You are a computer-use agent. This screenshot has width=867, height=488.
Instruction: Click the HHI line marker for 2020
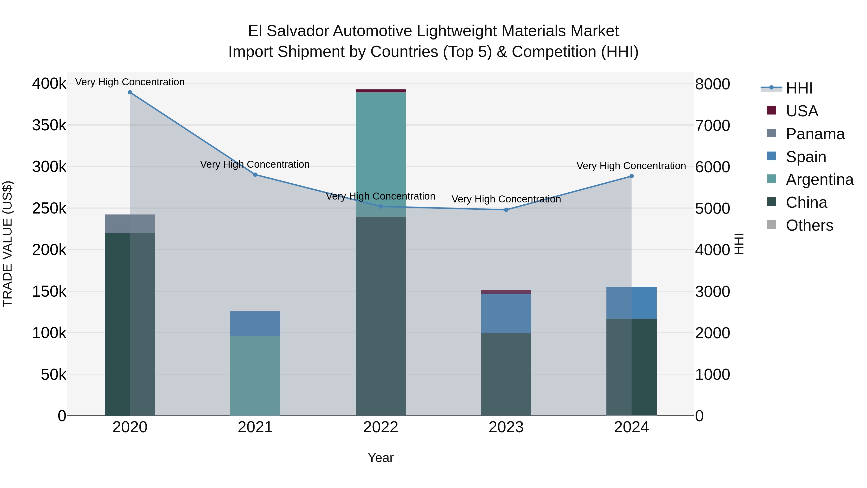(x=130, y=92)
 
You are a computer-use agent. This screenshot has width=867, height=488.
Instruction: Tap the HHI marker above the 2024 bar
(x=631, y=176)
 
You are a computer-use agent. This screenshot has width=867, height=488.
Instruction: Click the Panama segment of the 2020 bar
(x=130, y=224)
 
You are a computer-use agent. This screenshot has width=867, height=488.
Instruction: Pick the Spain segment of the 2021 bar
(x=255, y=323)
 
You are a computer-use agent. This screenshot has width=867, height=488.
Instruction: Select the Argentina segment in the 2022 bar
(x=381, y=154)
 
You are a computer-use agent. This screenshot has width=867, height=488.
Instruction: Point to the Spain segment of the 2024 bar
(x=631, y=302)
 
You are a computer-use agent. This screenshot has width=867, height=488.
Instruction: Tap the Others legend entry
(x=809, y=225)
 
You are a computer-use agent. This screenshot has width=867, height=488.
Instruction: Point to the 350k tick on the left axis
(x=49, y=125)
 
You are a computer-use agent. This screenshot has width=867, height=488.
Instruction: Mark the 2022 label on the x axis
(x=381, y=427)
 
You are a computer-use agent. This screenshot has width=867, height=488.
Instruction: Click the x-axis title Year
(x=381, y=458)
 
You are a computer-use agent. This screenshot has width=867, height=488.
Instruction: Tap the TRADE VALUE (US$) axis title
(x=7, y=244)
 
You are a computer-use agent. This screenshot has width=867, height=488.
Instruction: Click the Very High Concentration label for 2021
(x=255, y=164)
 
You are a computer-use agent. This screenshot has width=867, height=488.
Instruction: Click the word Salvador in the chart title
(x=297, y=31)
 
